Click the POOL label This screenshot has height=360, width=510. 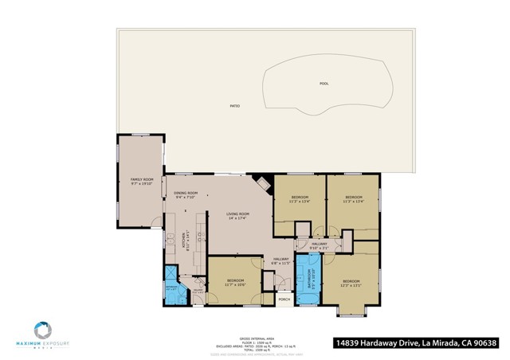(324, 83)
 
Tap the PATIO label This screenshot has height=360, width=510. (235, 106)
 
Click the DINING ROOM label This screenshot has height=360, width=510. (186, 193)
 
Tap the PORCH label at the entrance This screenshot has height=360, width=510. (284, 299)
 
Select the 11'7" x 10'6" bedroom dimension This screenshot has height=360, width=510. (234, 285)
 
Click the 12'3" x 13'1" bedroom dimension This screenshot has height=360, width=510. (351, 286)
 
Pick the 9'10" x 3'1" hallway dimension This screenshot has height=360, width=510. (320, 248)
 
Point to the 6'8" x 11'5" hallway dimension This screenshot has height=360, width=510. (280, 263)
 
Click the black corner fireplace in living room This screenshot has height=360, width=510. (261, 181)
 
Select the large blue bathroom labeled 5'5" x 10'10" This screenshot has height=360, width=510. (308, 280)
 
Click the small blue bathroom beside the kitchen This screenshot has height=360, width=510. (172, 288)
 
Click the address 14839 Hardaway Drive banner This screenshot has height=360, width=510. (415, 343)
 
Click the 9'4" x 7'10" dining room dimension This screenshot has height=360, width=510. (186, 198)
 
